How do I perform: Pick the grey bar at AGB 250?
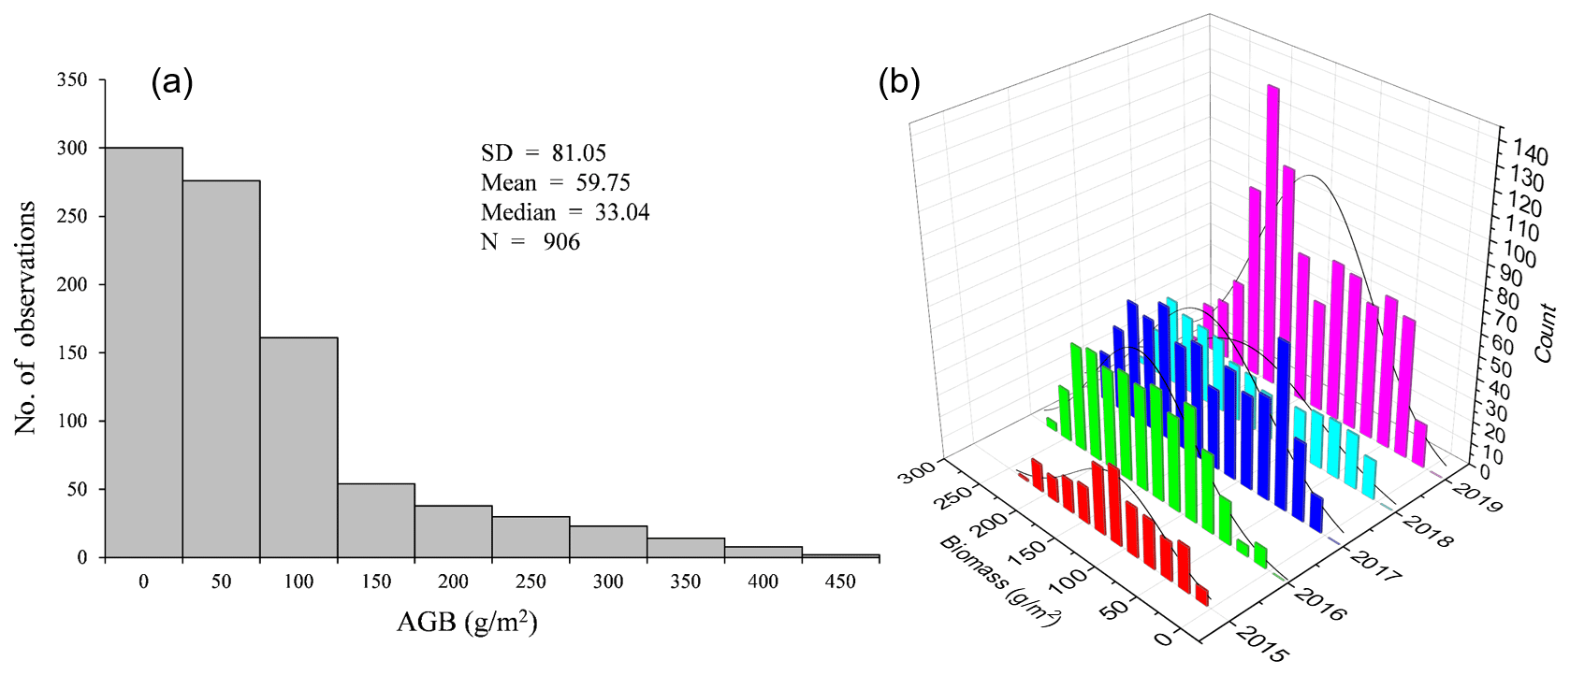coord(531,537)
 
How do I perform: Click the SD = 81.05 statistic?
coord(544,152)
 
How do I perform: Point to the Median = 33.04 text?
coord(565,212)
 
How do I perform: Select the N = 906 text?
coord(531,242)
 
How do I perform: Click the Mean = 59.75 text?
coord(556,182)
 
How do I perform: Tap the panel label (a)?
coord(172,83)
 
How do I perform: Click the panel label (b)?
coord(899,83)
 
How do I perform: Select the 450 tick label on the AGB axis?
coord(840,582)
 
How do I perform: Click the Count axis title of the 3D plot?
coord(1545,332)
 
